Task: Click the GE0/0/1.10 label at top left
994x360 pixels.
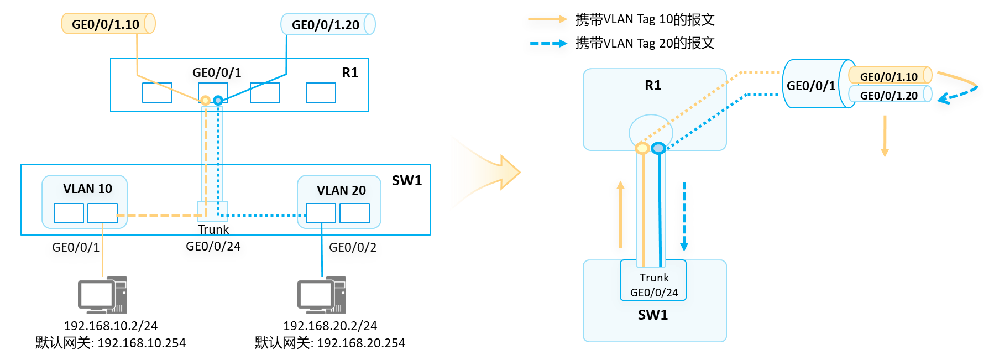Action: click(106, 24)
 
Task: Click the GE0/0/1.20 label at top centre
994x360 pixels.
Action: click(326, 25)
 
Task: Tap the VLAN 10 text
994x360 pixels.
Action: click(87, 189)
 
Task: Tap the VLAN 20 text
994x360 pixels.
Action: click(341, 190)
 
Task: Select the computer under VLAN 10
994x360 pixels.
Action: click(102, 295)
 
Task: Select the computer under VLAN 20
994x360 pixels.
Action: click(322, 295)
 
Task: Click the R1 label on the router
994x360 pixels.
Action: click(653, 86)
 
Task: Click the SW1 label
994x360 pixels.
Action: click(653, 315)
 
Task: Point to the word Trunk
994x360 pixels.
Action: click(654, 278)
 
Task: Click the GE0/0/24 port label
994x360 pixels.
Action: click(654, 293)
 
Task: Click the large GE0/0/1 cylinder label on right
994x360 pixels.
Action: click(810, 86)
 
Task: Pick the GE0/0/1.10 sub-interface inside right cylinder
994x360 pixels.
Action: click(888, 76)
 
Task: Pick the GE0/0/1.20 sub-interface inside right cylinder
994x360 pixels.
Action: click(888, 95)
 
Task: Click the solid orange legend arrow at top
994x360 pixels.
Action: click(547, 19)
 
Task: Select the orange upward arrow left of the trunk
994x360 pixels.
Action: click(620, 215)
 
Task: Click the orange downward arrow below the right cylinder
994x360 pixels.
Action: click(885, 136)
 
